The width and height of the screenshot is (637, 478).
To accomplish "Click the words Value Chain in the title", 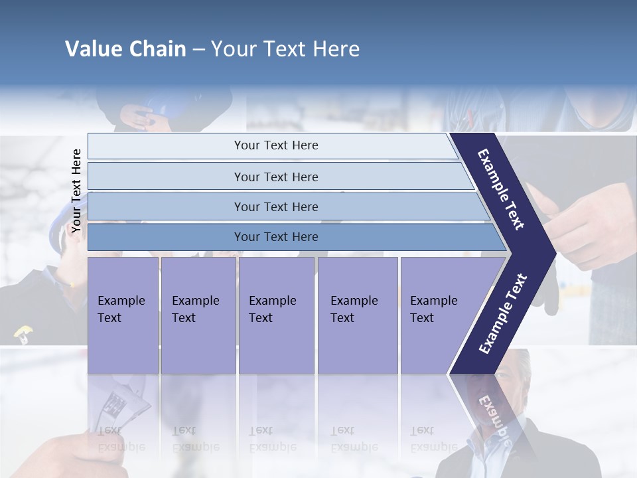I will [125, 49].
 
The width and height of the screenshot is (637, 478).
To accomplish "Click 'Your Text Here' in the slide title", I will [285, 49].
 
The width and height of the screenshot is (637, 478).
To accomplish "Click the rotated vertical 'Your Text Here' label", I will [76, 191].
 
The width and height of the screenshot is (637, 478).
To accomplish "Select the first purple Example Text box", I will [123, 315].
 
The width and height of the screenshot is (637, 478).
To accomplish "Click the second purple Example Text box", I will [198, 315].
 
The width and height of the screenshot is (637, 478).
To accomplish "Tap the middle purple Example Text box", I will [276, 315].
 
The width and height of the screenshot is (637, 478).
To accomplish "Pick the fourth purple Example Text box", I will [358, 315].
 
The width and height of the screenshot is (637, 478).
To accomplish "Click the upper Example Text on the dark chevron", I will [501, 189].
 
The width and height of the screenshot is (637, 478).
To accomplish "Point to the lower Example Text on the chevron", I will [503, 313].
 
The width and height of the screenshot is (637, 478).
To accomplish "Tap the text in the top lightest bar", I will [276, 145].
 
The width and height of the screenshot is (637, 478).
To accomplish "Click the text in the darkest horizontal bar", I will [276, 237].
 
